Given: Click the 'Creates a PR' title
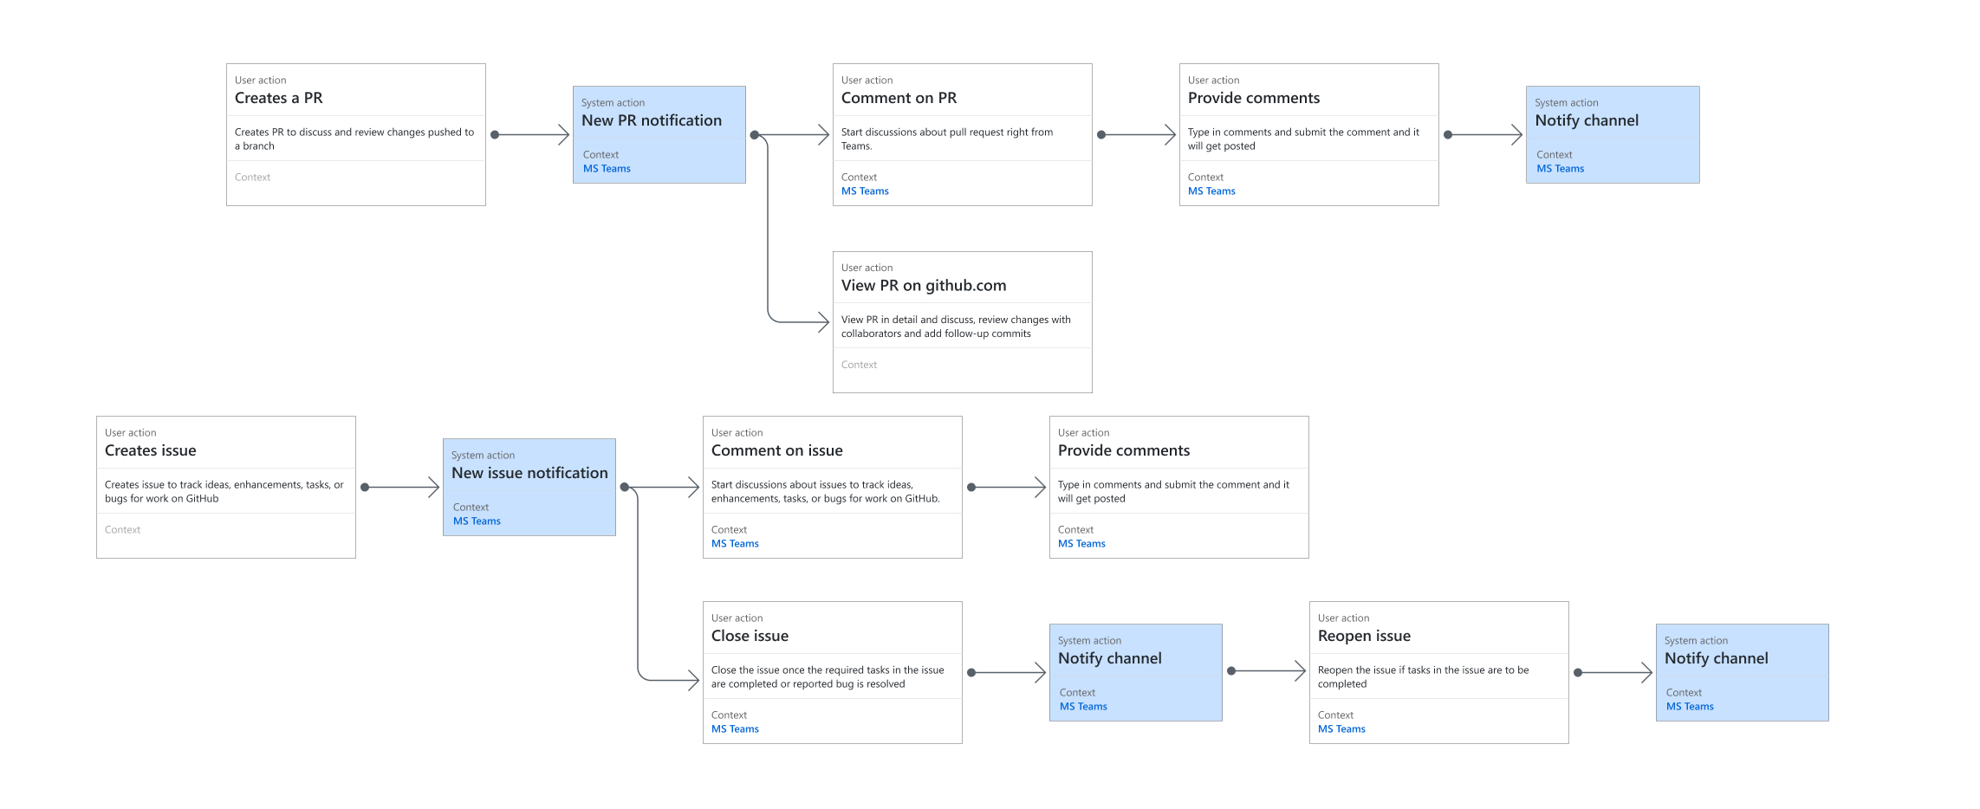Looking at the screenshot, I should [278, 98].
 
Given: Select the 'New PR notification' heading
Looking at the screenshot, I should [651, 120].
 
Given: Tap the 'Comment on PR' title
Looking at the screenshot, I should [899, 98].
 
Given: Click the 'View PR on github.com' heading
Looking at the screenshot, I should [923, 285].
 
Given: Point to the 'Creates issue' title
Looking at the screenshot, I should [150, 450].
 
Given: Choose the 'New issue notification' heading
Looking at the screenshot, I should [529, 473].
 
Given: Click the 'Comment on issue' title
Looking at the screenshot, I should [776, 450].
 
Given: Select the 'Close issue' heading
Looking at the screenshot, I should [750, 636].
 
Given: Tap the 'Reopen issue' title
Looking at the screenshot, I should [1363, 636].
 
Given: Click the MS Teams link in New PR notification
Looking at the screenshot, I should [607, 169].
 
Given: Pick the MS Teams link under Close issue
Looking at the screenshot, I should [735, 729].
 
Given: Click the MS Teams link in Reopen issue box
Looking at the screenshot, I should [1341, 729].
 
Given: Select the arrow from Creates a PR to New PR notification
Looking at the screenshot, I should [530, 135].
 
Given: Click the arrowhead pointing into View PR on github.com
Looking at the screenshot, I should [822, 322].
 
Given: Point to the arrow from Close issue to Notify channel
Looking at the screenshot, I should [1007, 673].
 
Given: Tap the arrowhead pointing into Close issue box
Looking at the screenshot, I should [692, 680].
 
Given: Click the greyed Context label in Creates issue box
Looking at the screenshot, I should [122, 530].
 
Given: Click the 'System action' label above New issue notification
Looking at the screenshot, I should [483, 456].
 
